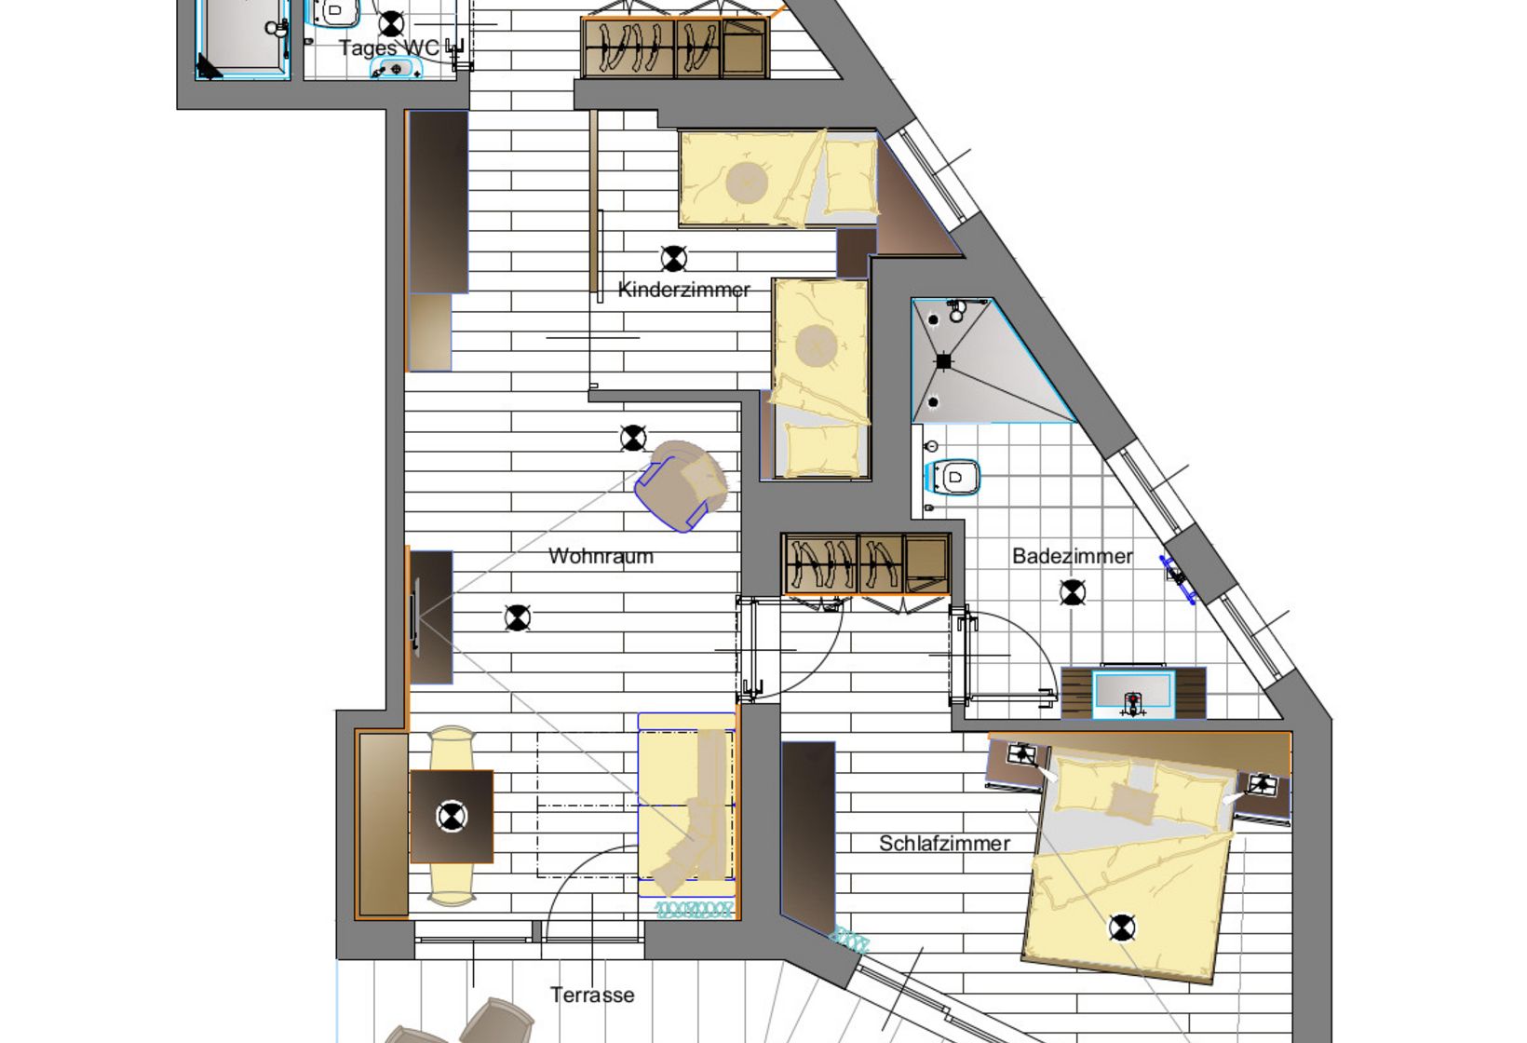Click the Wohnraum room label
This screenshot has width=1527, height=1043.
point(601,556)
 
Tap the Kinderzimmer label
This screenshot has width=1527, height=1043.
point(683,290)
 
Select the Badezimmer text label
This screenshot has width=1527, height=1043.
point(1073,556)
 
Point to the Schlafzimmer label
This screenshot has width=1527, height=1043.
point(944,844)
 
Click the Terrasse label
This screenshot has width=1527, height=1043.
point(592,995)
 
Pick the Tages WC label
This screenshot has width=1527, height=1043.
point(389,47)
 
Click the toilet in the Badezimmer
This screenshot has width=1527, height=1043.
point(953,477)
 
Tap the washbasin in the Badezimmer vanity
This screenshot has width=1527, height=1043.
point(1133,694)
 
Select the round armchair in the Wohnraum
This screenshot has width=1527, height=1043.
point(682,485)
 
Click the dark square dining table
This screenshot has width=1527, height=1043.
point(452,816)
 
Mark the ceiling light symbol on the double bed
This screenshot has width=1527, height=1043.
point(1122,928)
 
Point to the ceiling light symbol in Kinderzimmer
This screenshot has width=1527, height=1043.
point(673,259)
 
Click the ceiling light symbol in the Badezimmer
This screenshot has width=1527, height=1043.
point(1073,592)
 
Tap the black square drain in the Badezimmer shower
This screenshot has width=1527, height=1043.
point(943,362)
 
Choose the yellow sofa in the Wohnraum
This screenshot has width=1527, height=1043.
point(687,805)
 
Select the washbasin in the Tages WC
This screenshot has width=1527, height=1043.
point(396,69)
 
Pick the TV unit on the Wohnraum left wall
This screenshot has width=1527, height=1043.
point(431,617)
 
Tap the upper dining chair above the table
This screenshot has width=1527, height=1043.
point(452,749)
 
